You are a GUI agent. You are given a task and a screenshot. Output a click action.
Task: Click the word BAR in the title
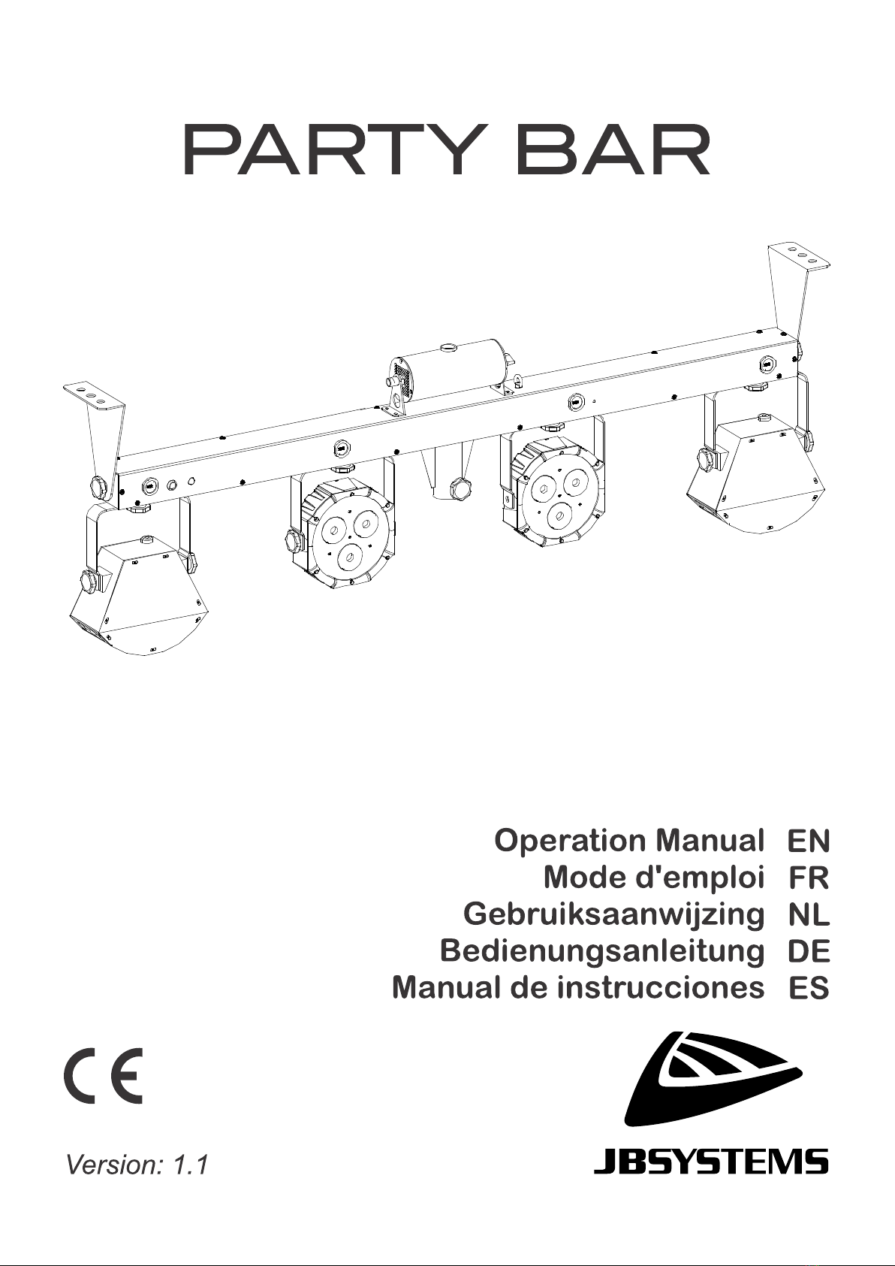pyautogui.click(x=614, y=151)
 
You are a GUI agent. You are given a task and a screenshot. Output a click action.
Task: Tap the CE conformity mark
pyautogui.click(x=102, y=1075)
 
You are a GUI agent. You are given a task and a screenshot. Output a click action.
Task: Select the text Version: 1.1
pyautogui.click(x=137, y=1165)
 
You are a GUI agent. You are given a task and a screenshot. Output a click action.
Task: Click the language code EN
pyautogui.click(x=809, y=841)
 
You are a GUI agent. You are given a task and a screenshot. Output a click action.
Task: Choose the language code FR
pyautogui.click(x=809, y=878)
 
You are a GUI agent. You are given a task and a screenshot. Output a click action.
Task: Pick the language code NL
pyautogui.click(x=809, y=914)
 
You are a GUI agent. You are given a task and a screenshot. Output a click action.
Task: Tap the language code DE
pyautogui.click(x=809, y=951)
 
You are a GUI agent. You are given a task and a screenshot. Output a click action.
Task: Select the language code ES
pyautogui.click(x=809, y=988)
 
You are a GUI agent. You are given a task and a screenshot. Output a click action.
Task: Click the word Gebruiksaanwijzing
pyautogui.click(x=613, y=914)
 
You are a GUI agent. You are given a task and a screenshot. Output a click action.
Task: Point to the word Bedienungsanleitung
pyautogui.click(x=602, y=950)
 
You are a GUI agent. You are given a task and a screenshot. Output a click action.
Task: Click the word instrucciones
pyautogui.click(x=660, y=987)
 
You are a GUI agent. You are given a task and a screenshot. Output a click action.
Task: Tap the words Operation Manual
pyautogui.click(x=628, y=840)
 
